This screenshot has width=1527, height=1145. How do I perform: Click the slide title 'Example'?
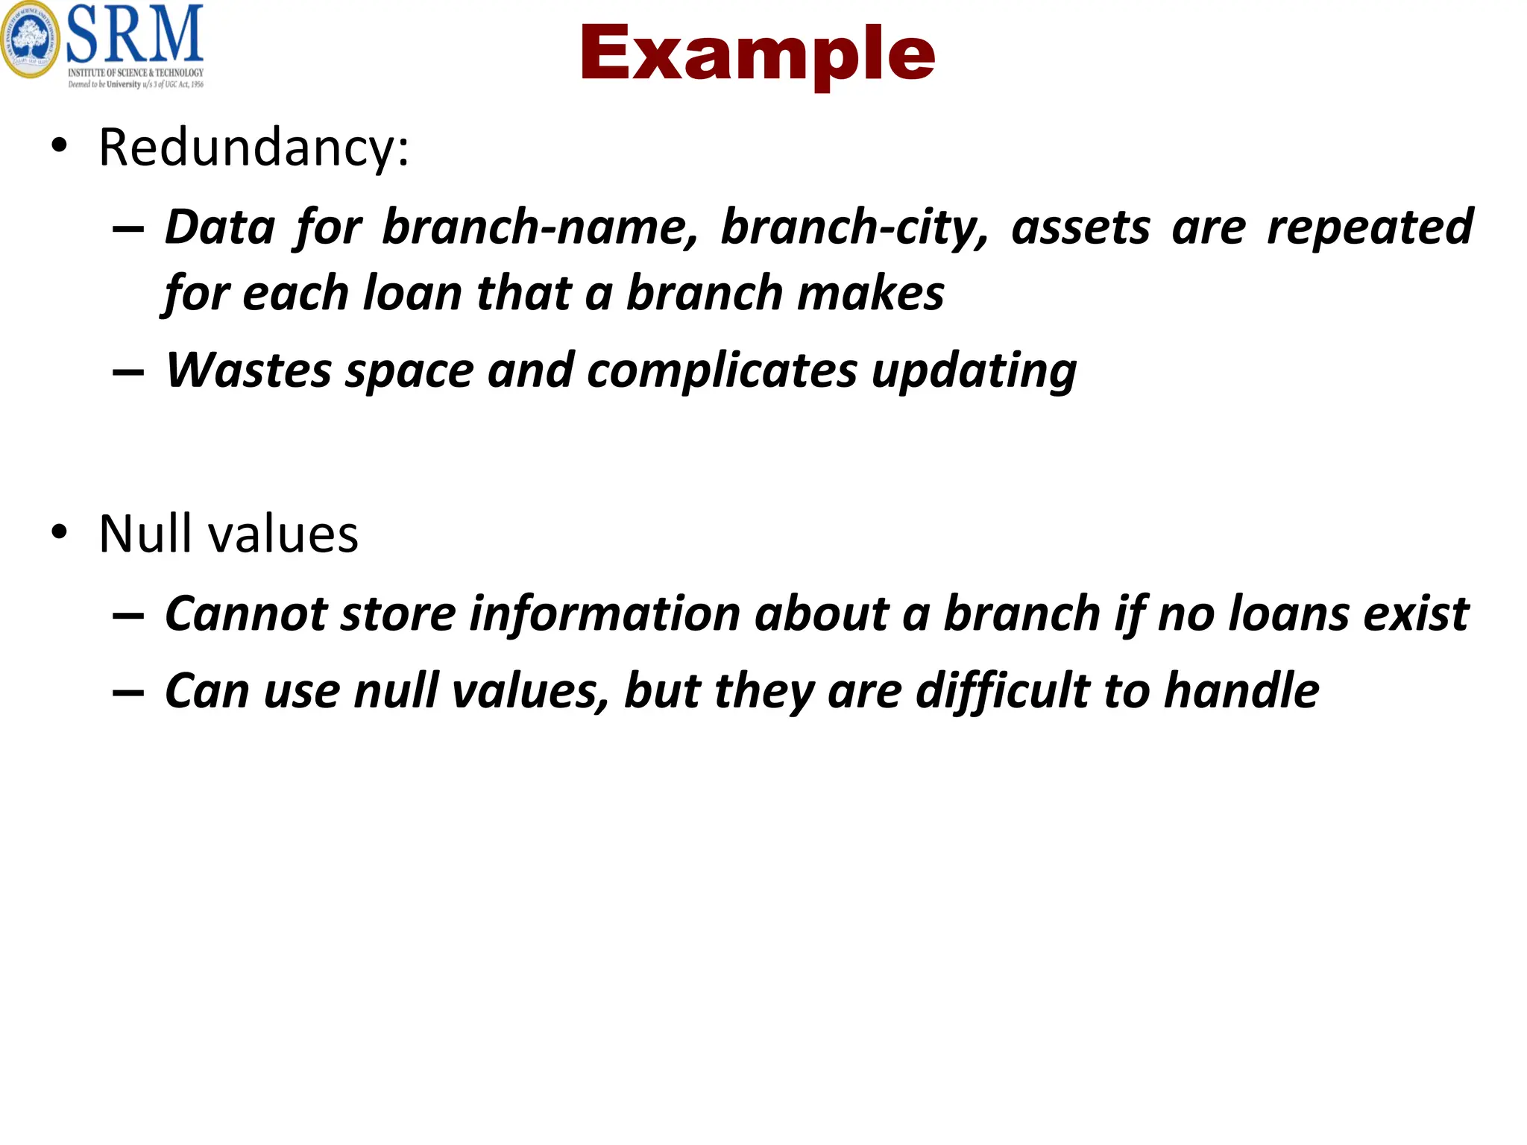(756, 54)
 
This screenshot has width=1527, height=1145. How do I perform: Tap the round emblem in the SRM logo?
(30, 39)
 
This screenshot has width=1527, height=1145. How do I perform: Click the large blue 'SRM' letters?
(135, 34)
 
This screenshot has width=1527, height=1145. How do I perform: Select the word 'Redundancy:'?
(254, 148)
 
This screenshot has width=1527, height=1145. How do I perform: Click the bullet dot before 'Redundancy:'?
(60, 145)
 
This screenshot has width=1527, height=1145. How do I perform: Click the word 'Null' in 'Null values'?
(145, 534)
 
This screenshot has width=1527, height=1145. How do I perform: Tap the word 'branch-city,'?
(854, 227)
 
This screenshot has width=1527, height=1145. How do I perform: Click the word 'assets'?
(1080, 228)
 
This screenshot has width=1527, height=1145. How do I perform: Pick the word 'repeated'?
(1370, 228)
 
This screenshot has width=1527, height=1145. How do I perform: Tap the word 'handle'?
(1241, 691)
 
